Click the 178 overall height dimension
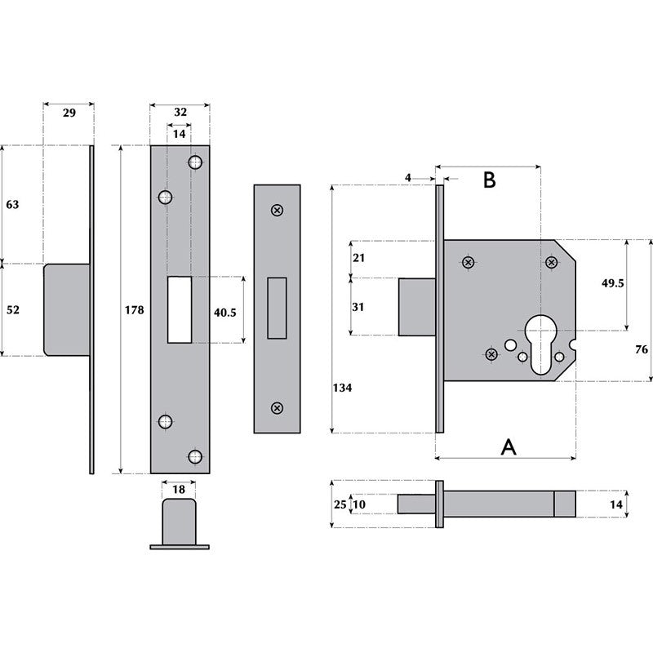[x=135, y=310]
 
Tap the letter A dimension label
[x=508, y=446]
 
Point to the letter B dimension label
[x=489, y=180]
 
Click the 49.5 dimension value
[x=612, y=283]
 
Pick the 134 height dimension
[x=343, y=388]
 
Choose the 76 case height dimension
[x=641, y=349]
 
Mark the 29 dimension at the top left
[x=69, y=113]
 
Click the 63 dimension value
[x=12, y=205]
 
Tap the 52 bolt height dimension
[x=12, y=310]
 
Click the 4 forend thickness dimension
[x=408, y=176]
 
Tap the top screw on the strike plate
[x=278, y=211]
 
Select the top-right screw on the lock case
[x=552, y=262]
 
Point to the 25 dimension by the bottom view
[x=339, y=505]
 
